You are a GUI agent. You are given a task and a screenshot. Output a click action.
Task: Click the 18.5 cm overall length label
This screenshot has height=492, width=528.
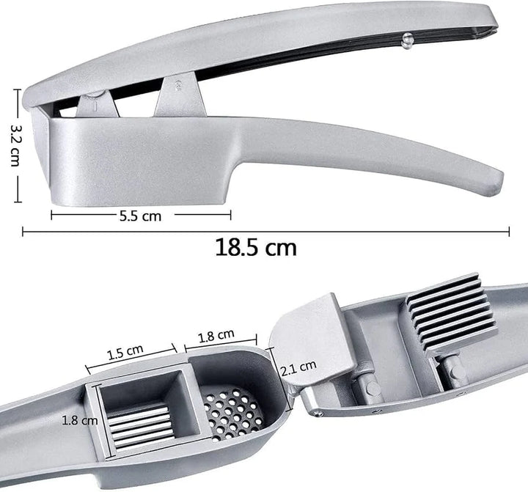(x=256, y=247)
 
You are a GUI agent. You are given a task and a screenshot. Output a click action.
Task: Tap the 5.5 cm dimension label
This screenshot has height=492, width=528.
(x=142, y=216)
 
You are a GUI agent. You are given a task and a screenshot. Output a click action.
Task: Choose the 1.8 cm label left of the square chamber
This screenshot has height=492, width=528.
(x=79, y=420)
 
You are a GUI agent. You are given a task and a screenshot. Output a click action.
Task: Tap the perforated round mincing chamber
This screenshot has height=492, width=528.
(x=230, y=412)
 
